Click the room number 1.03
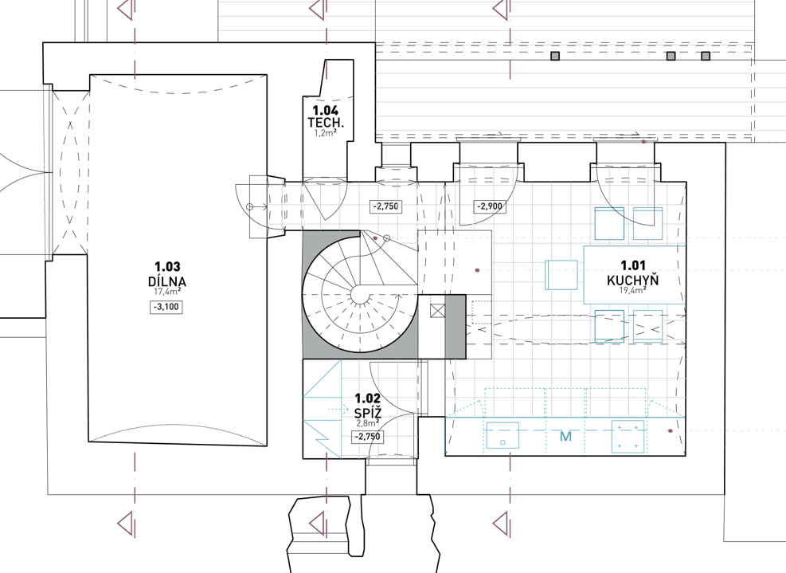tap(166, 267)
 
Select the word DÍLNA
tap(166, 281)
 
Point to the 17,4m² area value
tap(166, 293)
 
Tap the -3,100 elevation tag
tap(166, 307)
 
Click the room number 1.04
tap(325, 111)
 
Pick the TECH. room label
tap(325, 123)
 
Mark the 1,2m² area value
tap(325, 133)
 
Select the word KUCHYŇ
tap(633, 280)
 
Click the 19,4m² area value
tap(633, 291)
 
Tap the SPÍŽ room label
tap(367, 412)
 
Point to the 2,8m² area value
tap(367, 424)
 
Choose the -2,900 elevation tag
tap(490, 206)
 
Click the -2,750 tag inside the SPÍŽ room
tap(367, 437)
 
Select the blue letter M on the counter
tap(565, 437)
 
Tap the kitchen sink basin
tap(502, 436)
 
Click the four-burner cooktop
tap(628, 435)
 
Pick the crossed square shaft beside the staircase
tap(436, 311)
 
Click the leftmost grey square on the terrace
tap(555, 57)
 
